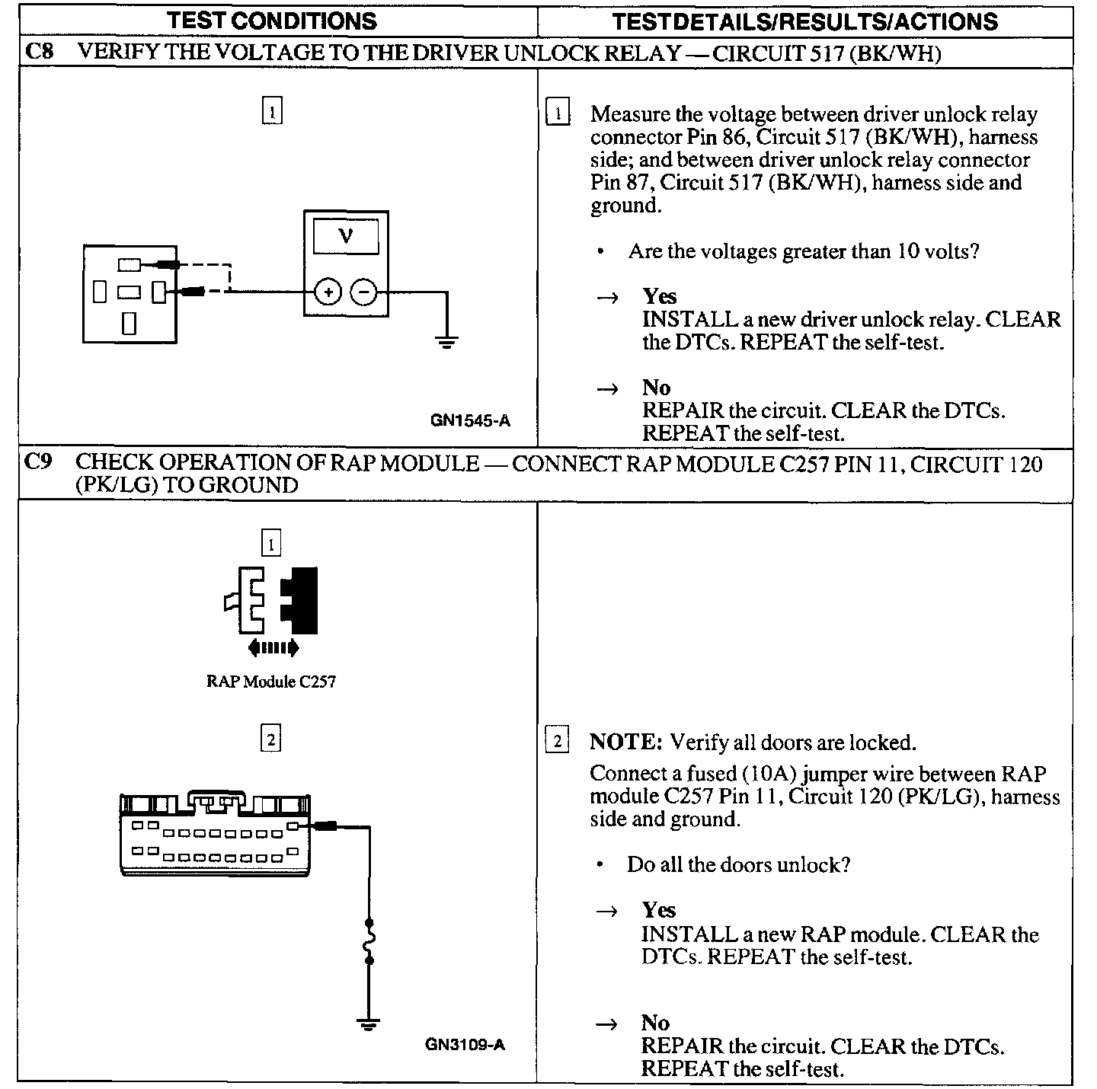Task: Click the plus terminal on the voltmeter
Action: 328,292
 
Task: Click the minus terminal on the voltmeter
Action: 364,292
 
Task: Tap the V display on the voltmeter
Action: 346,236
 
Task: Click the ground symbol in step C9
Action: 369,1024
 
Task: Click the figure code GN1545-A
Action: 470,420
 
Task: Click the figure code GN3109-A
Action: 465,1044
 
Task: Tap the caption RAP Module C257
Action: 270,682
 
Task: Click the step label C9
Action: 38,462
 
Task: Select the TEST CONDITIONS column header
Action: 272,21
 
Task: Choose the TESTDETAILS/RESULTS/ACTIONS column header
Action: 804,21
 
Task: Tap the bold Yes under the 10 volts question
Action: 659,295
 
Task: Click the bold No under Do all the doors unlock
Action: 655,1023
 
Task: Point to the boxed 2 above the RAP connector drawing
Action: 271,738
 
